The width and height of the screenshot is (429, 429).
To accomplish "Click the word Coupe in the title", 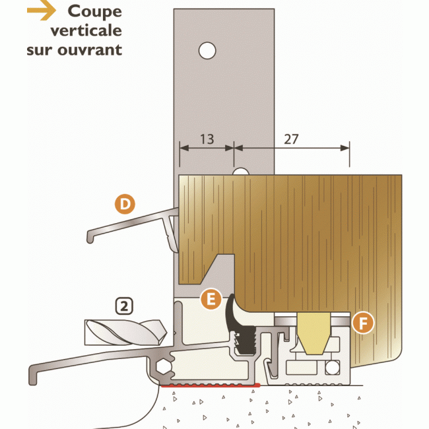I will [95, 11].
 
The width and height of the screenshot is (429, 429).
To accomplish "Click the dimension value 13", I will [207, 139].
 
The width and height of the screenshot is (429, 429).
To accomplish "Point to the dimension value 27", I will [291, 139].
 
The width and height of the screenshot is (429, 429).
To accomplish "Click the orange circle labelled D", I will [124, 205].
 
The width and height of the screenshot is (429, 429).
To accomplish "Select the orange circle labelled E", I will [211, 299].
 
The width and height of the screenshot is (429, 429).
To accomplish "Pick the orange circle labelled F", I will [361, 323].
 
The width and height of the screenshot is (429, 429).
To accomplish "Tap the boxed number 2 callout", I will [123, 306].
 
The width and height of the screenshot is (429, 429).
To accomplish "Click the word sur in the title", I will [40, 49].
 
